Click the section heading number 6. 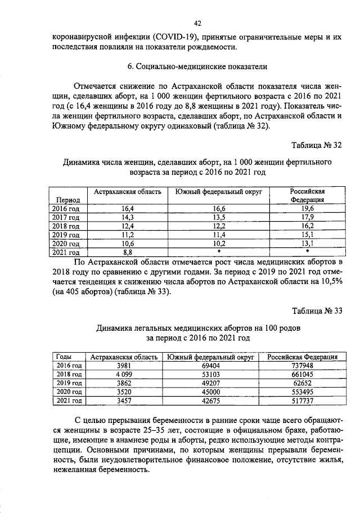130,67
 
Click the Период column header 67,200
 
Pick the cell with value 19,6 307,208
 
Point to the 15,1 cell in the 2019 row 307,235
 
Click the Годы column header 65,357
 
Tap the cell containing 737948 302,365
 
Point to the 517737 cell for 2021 302,400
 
